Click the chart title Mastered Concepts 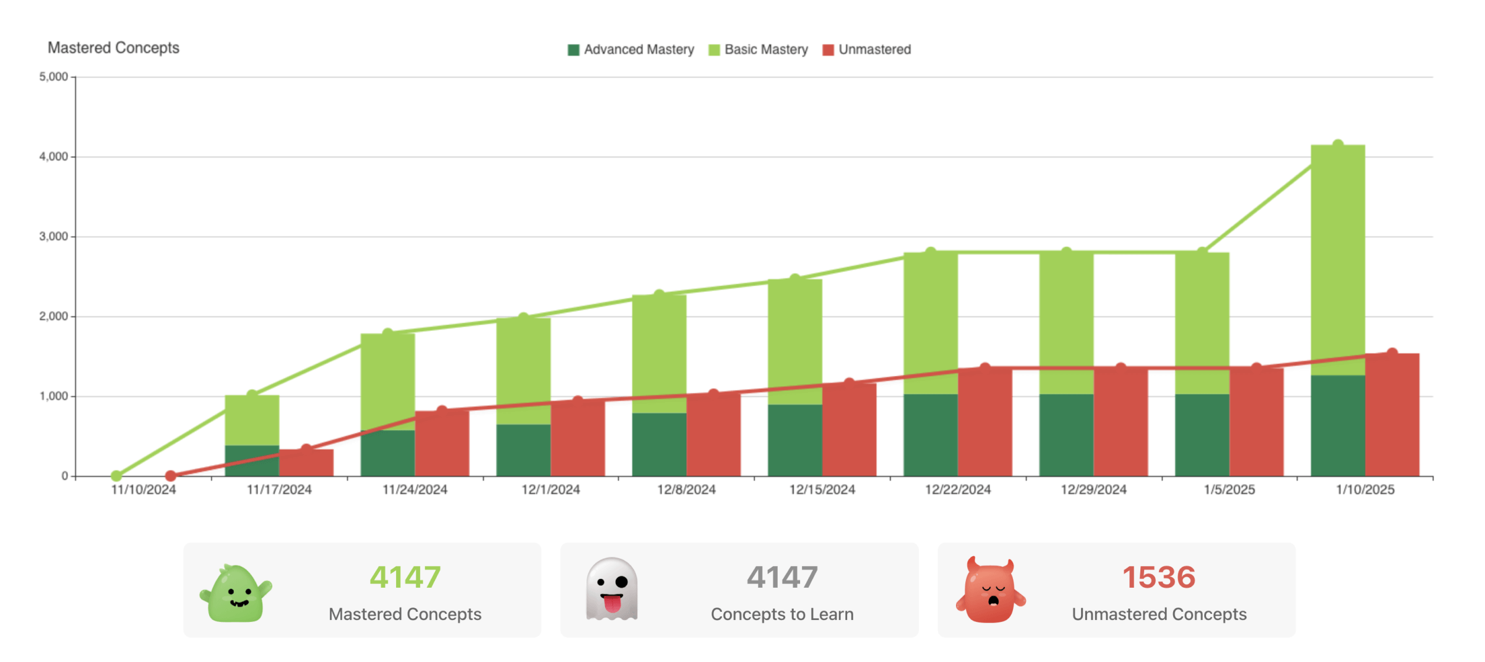click(x=113, y=48)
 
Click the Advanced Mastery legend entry click(x=631, y=49)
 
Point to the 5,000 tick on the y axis click(x=54, y=77)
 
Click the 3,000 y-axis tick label click(x=54, y=236)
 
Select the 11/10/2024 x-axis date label click(x=144, y=490)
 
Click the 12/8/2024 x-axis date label click(x=686, y=490)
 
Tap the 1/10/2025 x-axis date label click(x=1365, y=490)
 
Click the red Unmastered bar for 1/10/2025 click(x=1392, y=415)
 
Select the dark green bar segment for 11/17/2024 click(x=252, y=460)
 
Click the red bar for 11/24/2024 click(x=442, y=443)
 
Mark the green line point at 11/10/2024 click(x=116, y=476)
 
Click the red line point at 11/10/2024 click(x=171, y=476)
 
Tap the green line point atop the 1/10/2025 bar click(x=1338, y=145)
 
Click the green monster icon click(x=236, y=593)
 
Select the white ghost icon click(x=611, y=589)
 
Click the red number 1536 click(x=1158, y=577)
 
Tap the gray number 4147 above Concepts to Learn click(x=782, y=577)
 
